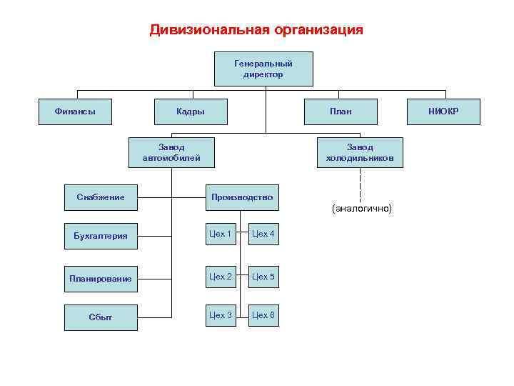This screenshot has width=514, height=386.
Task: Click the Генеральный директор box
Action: (x=263, y=69)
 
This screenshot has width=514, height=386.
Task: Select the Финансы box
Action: (x=75, y=111)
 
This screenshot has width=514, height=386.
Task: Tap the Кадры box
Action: (x=191, y=111)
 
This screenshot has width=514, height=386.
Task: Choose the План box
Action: (x=341, y=111)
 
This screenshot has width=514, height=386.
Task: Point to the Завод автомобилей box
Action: (x=171, y=152)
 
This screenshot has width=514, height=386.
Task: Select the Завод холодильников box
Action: (x=360, y=152)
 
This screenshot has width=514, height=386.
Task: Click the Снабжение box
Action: (x=100, y=197)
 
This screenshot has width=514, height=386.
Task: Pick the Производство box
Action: (x=241, y=197)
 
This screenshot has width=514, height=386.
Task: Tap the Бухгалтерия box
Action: (x=100, y=235)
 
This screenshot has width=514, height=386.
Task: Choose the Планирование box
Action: (x=100, y=278)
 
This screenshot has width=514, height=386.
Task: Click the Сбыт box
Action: (x=100, y=316)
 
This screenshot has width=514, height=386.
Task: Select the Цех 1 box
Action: (x=221, y=234)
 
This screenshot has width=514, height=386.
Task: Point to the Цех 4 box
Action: (x=263, y=234)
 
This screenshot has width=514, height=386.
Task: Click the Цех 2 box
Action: (x=221, y=277)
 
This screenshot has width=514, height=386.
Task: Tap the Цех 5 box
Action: (x=263, y=277)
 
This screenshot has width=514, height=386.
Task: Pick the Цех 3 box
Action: (x=221, y=315)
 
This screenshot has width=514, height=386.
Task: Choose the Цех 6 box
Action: (x=263, y=315)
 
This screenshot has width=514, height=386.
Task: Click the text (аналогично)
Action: (x=361, y=208)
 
